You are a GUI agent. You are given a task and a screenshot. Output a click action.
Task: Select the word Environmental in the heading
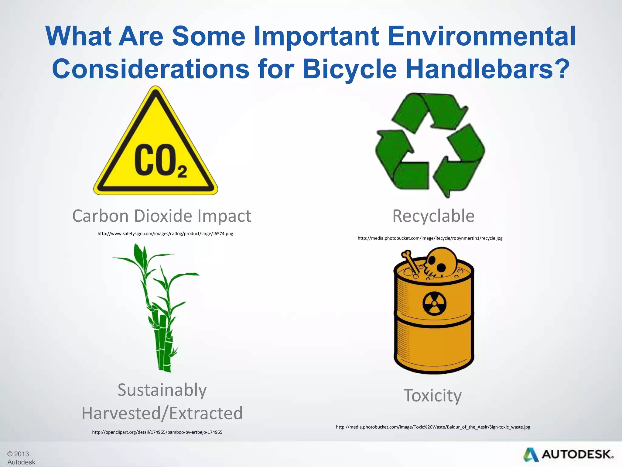coord(482,36)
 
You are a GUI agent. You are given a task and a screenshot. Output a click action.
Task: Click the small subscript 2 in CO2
coord(182,172)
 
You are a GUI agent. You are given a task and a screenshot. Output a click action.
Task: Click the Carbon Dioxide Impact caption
coord(162,216)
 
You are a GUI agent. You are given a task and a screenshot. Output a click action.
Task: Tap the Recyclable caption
coord(433,216)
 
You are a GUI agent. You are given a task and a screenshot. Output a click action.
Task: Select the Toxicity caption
coord(432,395)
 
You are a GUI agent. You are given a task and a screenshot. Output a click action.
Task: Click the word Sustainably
coord(162,390)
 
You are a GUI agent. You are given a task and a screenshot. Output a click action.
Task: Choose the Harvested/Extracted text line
coord(162,413)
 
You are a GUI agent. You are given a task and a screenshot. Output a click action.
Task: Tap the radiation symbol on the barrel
coord(434,304)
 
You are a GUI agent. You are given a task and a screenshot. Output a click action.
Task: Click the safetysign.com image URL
coord(165,233)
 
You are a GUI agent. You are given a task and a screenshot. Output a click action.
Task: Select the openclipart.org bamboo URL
coord(157,432)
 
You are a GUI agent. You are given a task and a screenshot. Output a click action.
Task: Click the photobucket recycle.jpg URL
coord(430,238)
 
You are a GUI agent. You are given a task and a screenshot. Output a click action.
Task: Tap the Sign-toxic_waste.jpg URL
coord(433,427)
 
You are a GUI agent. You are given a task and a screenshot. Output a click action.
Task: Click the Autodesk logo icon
coord(531,455)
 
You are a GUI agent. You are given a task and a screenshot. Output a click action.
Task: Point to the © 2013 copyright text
coord(18,454)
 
